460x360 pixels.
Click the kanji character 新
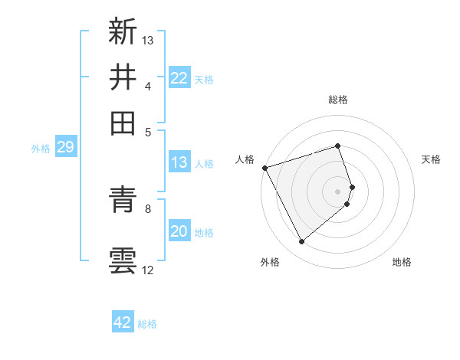(x=123, y=31)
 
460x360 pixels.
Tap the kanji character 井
(x=123, y=77)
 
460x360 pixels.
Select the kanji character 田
(x=123, y=123)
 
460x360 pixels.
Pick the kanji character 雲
(x=123, y=260)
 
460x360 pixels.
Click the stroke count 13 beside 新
(x=148, y=40)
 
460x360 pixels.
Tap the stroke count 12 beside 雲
(x=148, y=270)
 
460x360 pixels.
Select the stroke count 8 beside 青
(x=148, y=208)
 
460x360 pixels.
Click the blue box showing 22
(x=179, y=77)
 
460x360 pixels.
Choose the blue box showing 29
(x=65, y=147)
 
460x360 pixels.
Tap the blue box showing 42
(x=123, y=322)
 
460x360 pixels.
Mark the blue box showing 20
(x=179, y=231)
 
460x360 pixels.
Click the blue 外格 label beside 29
(x=41, y=149)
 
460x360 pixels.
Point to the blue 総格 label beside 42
(x=147, y=324)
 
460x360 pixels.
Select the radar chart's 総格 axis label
(x=338, y=100)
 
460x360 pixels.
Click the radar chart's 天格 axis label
(x=432, y=159)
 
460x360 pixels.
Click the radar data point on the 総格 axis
(x=338, y=146)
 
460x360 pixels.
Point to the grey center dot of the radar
(x=338, y=190)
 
